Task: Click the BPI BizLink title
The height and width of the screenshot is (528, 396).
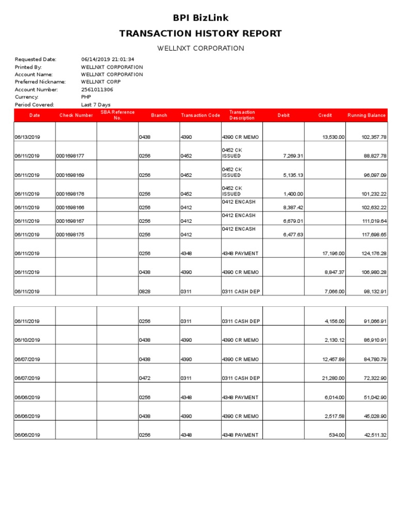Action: [x=201, y=18]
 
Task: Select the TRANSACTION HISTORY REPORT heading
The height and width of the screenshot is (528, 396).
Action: [x=201, y=34]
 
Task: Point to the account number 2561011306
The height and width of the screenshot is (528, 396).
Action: [x=97, y=89]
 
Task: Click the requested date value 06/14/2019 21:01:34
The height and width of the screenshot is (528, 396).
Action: [x=108, y=59]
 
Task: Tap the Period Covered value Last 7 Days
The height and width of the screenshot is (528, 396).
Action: [x=96, y=104]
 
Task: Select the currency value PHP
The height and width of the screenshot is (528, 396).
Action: [x=86, y=97]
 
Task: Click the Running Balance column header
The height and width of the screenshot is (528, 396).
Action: [x=366, y=115]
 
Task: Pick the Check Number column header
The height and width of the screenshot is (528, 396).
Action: [x=76, y=115]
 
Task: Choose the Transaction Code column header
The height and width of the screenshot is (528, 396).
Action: [x=201, y=115]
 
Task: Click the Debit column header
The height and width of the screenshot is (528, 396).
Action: [x=284, y=115]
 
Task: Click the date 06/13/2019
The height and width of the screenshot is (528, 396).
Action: [x=27, y=137]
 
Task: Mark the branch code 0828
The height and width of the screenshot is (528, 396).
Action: [x=144, y=291]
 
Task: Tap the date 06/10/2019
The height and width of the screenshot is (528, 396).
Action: [x=27, y=340]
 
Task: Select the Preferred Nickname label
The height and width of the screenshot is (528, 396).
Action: [x=40, y=82]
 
